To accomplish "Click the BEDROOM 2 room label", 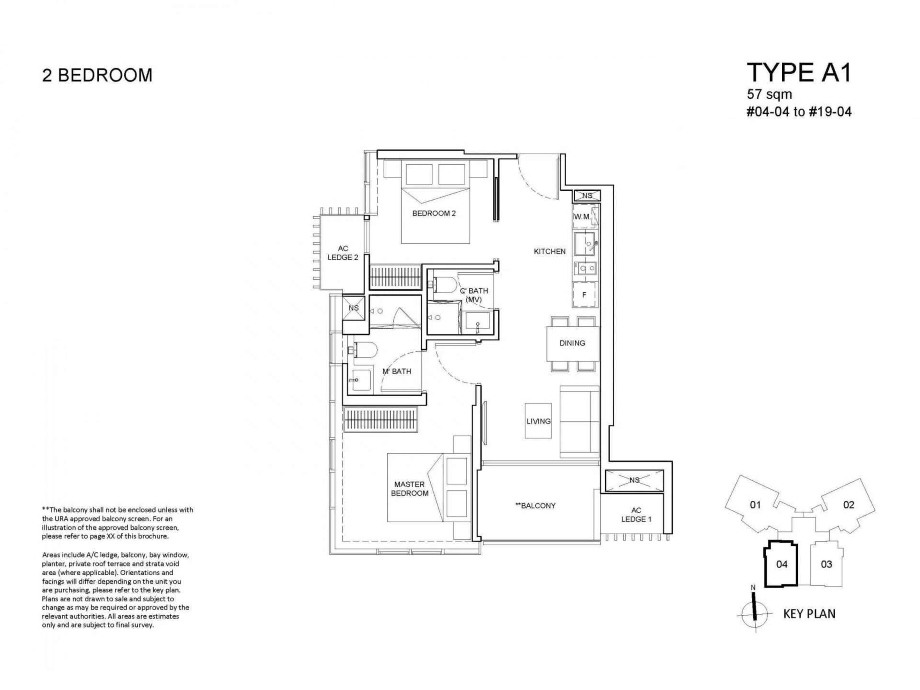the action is click(434, 213).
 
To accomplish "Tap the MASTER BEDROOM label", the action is click(410, 489).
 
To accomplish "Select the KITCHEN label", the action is click(550, 251).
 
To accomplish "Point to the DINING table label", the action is click(572, 343).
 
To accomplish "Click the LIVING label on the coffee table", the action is click(539, 421).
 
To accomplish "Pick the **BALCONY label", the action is click(535, 506).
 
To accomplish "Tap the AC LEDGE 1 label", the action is click(636, 515).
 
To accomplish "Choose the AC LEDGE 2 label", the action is click(343, 253).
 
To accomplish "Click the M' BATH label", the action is click(397, 371).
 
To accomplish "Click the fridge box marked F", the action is click(585, 295).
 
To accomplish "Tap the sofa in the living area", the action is click(579, 422).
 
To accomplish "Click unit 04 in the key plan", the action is click(782, 564).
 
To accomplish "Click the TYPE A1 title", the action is click(799, 73).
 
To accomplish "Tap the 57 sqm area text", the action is click(770, 94).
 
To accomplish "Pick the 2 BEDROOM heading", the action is click(97, 75).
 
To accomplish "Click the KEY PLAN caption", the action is click(809, 614).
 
